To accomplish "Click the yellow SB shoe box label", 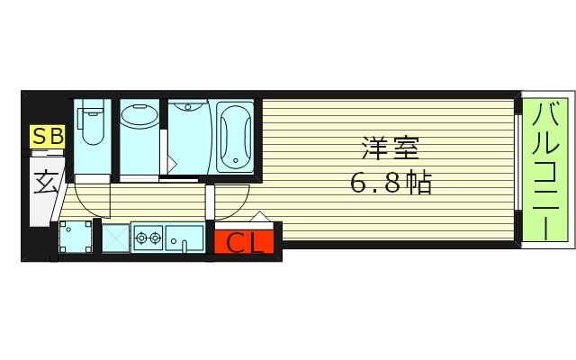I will pyautogui.click(x=48, y=136).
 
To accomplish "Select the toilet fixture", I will pyautogui.click(x=91, y=128).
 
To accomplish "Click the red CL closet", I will pyautogui.click(x=245, y=243).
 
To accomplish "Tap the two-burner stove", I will pyautogui.click(x=147, y=238).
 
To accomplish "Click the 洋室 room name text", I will pyautogui.click(x=388, y=147).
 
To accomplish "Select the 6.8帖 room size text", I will pyautogui.click(x=390, y=184).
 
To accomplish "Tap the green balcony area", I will pyautogui.click(x=546, y=171).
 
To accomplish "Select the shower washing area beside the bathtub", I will pyautogui.click(x=188, y=135).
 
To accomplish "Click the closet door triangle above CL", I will pyautogui.click(x=259, y=217).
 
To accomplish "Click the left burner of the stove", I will pyautogui.click(x=140, y=238).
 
